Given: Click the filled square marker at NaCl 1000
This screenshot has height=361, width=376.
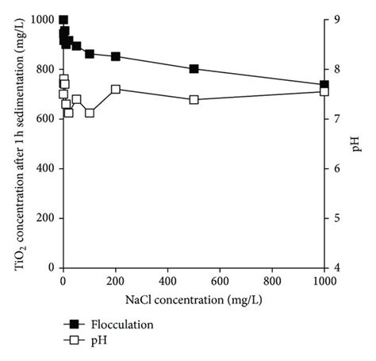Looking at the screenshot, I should coord(324,85).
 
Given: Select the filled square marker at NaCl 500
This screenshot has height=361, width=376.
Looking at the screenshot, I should coord(194,69).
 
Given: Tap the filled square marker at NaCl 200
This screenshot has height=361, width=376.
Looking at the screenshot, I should coord(116,56).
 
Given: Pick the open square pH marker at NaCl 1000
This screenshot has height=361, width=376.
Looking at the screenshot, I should coord(324,92).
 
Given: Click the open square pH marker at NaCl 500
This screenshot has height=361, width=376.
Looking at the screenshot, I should coord(194,100).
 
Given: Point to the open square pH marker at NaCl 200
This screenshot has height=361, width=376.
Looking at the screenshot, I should coord(116,89).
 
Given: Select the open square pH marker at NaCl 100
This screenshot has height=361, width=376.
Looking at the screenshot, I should coord(90,113).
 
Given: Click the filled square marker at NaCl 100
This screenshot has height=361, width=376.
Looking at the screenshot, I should coord(90,54).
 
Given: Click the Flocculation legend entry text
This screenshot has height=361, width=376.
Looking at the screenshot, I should coord(121,324).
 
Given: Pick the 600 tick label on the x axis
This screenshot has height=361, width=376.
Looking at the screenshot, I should coord(220,282).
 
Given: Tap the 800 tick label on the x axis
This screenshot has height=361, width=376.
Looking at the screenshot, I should coord(272,282).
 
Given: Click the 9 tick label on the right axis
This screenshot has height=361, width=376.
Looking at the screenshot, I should coord(337,20).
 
